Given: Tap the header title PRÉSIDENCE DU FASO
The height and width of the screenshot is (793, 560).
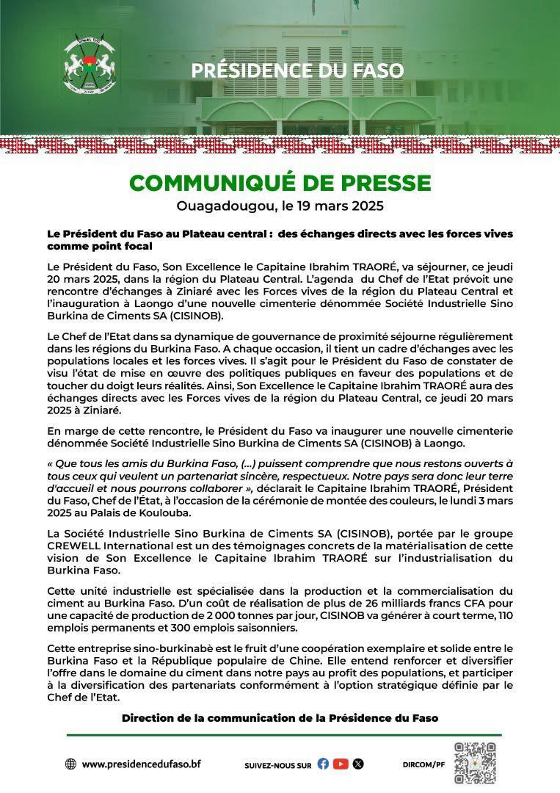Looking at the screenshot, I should click(x=297, y=70).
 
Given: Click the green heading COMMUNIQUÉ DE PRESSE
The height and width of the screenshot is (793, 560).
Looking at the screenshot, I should click(x=280, y=182).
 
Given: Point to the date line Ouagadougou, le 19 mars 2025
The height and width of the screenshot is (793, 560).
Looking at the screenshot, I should click(x=280, y=206).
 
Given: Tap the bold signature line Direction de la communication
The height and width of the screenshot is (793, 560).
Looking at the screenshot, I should click(x=280, y=717).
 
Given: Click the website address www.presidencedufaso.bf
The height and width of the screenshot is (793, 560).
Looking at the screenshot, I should click(x=141, y=764).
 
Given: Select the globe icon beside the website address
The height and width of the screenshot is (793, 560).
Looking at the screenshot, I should click(x=71, y=764).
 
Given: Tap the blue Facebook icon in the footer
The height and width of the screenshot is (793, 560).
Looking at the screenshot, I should click(x=323, y=764).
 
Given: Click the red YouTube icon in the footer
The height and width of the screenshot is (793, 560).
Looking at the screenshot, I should click(x=341, y=764).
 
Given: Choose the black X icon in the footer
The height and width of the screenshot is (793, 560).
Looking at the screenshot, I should click(x=358, y=764).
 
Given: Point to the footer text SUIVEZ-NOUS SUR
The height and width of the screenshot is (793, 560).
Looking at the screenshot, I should click(x=278, y=764).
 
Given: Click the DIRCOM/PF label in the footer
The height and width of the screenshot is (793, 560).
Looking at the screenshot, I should click(x=423, y=764).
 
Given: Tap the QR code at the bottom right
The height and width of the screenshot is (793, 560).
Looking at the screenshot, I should click(x=475, y=764).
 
